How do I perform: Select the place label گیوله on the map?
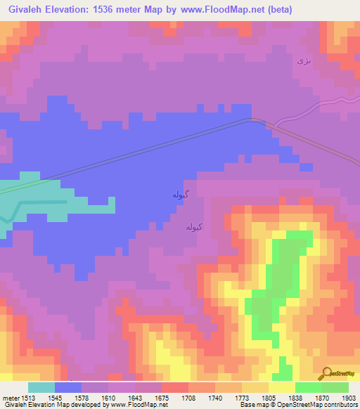tap(181, 194)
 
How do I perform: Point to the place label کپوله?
tap(195, 227)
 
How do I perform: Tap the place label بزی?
tap(303, 61)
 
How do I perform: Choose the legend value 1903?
tap(339, 397)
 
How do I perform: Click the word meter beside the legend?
tap(9, 397)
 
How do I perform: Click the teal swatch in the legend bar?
tap(41, 387)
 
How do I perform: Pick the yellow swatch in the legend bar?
tap(282, 387)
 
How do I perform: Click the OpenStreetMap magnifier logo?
tap(326, 373)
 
